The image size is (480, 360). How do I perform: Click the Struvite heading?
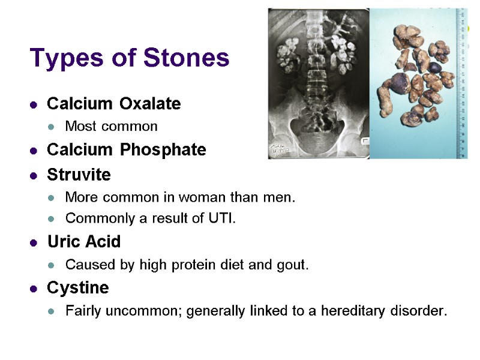pyautogui.click(x=79, y=175)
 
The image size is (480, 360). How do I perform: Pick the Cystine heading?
pyautogui.click(x=77, y=288)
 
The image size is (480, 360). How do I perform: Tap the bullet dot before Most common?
pyautogui.click(x=52, y=127)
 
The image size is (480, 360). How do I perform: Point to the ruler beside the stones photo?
pyautogui.click(x=462, y=84)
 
